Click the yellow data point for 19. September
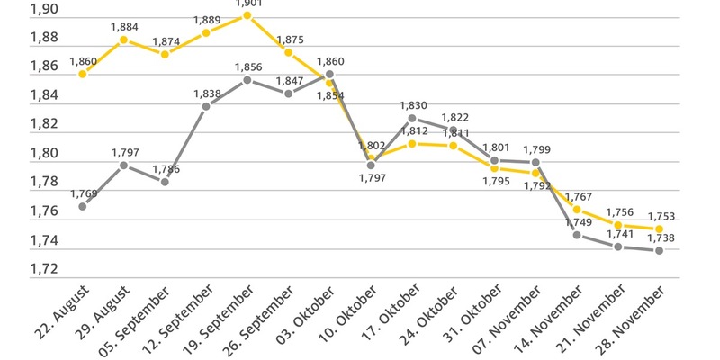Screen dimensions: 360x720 pos(247,15)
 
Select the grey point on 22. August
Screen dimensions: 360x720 pos(83,206)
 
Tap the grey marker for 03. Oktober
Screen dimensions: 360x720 pos(329,74)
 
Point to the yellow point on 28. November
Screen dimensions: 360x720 pos(660,229)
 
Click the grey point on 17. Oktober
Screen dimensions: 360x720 pos(412,118)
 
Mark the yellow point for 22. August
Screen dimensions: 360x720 pos(83,74)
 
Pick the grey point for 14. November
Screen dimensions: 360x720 pos(577,235)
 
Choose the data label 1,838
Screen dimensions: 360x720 pos(207,94)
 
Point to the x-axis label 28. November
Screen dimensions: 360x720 pos(634,319)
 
